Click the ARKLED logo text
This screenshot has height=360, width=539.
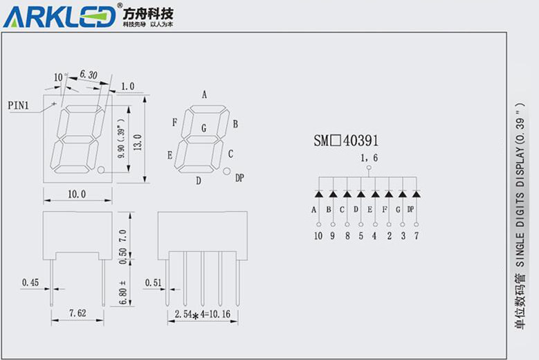click(x=60, y=16)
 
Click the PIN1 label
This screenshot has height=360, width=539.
click(x=19, y=105)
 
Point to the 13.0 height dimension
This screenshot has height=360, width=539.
click(x=137, y=145)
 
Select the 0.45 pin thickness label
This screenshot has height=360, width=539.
click(x=30, y=282)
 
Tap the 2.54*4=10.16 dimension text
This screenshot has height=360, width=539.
click(x=203, y=315)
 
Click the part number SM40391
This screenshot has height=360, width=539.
click(x=346, y=141)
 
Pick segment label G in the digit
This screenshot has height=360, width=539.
click(x=203, y=128)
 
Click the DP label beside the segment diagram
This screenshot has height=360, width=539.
click(x=239, y=178)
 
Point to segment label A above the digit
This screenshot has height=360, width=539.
click(x=204, y=95)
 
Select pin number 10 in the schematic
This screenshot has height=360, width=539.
click(x=318, y=236)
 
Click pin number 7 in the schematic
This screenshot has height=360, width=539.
click(x=416, y=236)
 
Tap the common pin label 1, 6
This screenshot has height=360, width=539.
click(x=369, y=159)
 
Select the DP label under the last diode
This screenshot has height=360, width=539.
click(x=411, y=210)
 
